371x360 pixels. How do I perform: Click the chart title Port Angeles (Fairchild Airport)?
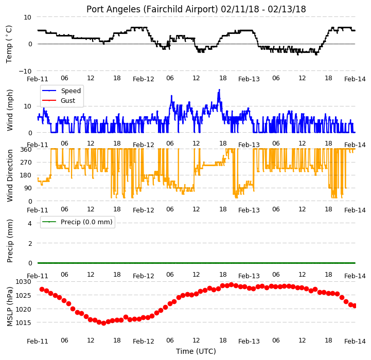pos(152,9)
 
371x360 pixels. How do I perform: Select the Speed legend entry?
pos(62,91)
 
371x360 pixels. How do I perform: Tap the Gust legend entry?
pos(59,100)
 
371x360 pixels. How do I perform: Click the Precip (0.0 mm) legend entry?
pos(77,222)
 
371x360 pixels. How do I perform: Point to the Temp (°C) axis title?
pos(9,44)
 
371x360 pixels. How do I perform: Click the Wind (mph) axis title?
pos(10,110)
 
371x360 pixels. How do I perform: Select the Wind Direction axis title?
pos(10,175)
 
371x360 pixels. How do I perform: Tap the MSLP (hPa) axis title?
pos(10,307)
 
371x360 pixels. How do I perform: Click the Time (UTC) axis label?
pos(196,351)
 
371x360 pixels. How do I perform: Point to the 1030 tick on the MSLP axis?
pos(24,282)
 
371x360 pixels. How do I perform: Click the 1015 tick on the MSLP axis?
pos(24,322)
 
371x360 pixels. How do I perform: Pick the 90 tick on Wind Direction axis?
pos(28,188)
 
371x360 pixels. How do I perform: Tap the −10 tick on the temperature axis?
pos(25,71)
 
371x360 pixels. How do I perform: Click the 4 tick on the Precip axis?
pos(29,223)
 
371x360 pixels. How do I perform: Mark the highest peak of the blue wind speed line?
pos(219,89)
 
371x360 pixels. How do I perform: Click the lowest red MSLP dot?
pos(103,323)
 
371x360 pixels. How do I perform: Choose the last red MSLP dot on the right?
pos(355,306)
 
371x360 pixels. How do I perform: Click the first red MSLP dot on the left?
pos(42,289)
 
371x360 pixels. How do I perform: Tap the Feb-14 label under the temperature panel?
pos(355,79)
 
